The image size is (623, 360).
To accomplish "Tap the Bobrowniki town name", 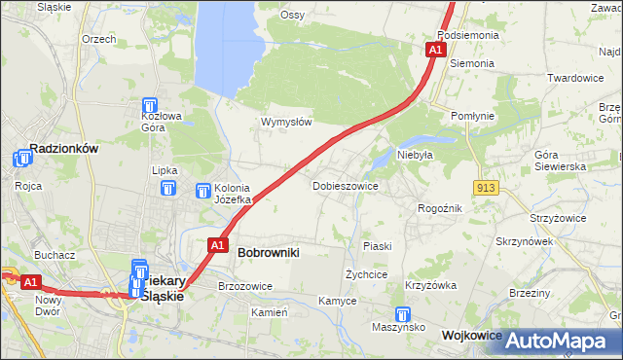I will pyautogui.click(x=268, y=252).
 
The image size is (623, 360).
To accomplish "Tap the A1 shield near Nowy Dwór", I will pyautogui.click(x=31, y=282).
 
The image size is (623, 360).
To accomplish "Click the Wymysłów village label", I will pyautogui.click(x=285, y=122).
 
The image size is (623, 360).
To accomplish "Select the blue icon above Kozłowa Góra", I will pyautogui.click(x=150, y=106).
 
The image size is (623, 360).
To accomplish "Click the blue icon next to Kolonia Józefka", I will pyautogui.click(x=203, y=192).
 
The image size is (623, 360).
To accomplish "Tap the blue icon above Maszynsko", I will pyautogui.click(x=403, y=315).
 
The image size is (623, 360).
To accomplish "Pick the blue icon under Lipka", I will pyautogui.click(x=169, y=189).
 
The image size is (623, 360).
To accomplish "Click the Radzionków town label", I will pyautogui.click(x=64, y=149).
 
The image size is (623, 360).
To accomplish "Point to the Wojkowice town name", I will pyautogui.click(x=471, y=335).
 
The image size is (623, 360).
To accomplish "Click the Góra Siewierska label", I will pyautogui.click(x=560, y=161).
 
